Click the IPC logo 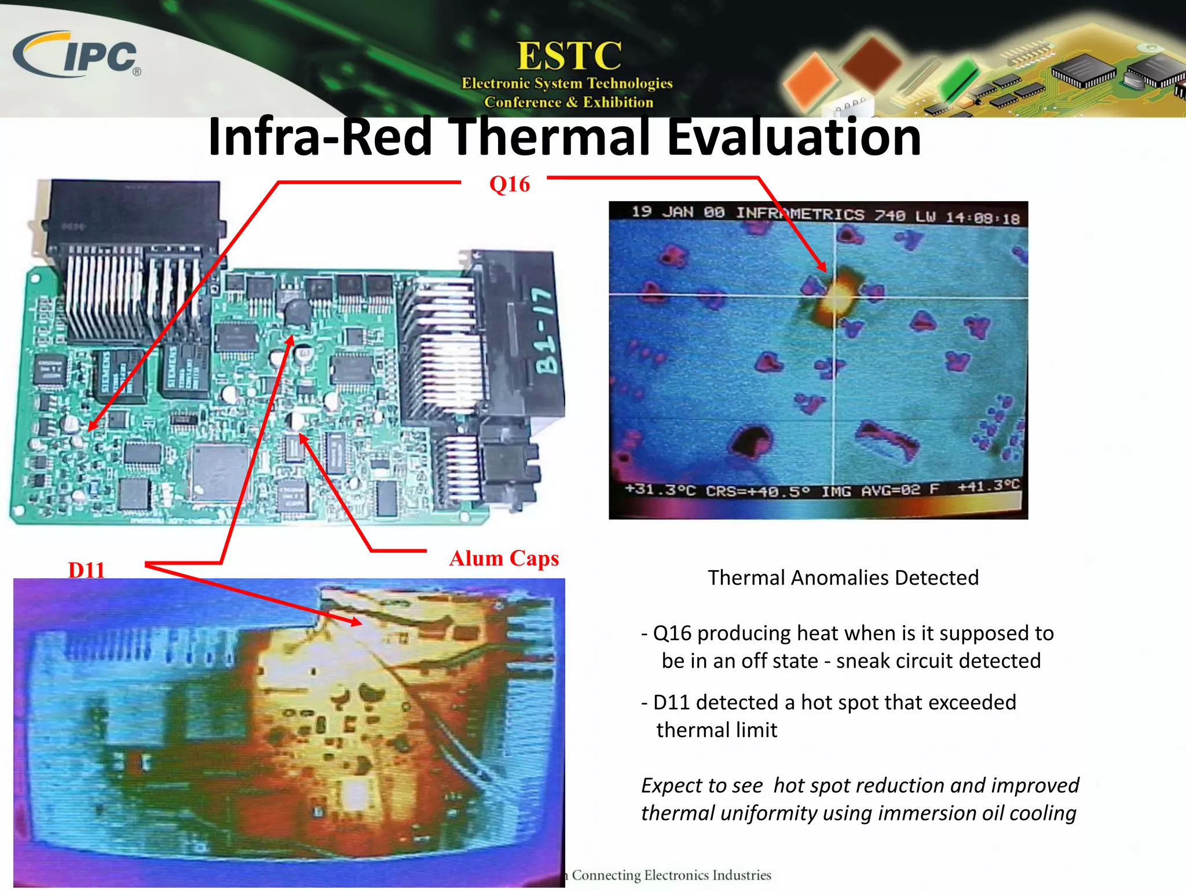coord(78,55)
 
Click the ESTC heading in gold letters coord(569,56)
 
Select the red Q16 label coord(509,184)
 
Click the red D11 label coord(86,570)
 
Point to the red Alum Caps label coord(504,559)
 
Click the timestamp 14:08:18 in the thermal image coord(982,218)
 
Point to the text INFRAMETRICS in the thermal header coord(800,214)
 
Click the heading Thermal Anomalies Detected coord(843,578)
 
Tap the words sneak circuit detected coord(938,661)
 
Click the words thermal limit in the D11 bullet coord(716,730)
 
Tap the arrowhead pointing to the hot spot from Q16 coord(822,267)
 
